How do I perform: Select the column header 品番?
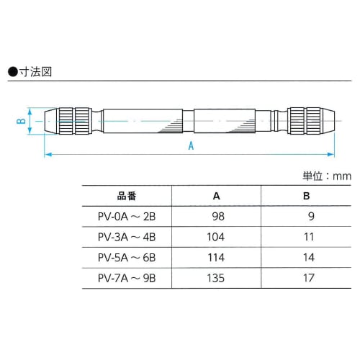pos(126,196)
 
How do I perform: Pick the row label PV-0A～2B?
pos(126,216)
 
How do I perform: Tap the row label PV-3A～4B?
pos(126,237)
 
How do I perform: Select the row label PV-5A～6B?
pos(126,257)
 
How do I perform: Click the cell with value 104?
pos(216,237)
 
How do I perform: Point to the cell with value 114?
pos(216,257)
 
